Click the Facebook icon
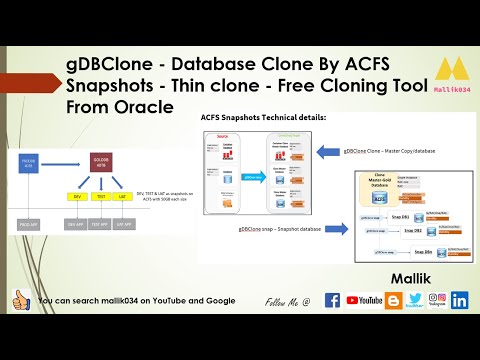tap(333, 300)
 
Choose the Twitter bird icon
tap(416, 300)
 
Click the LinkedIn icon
tap(460, 300)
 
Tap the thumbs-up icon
tap(20, 300)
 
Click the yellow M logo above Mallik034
tap(451, 69)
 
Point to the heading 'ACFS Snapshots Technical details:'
tap(256, 117)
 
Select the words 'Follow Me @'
tap(288, 301)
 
